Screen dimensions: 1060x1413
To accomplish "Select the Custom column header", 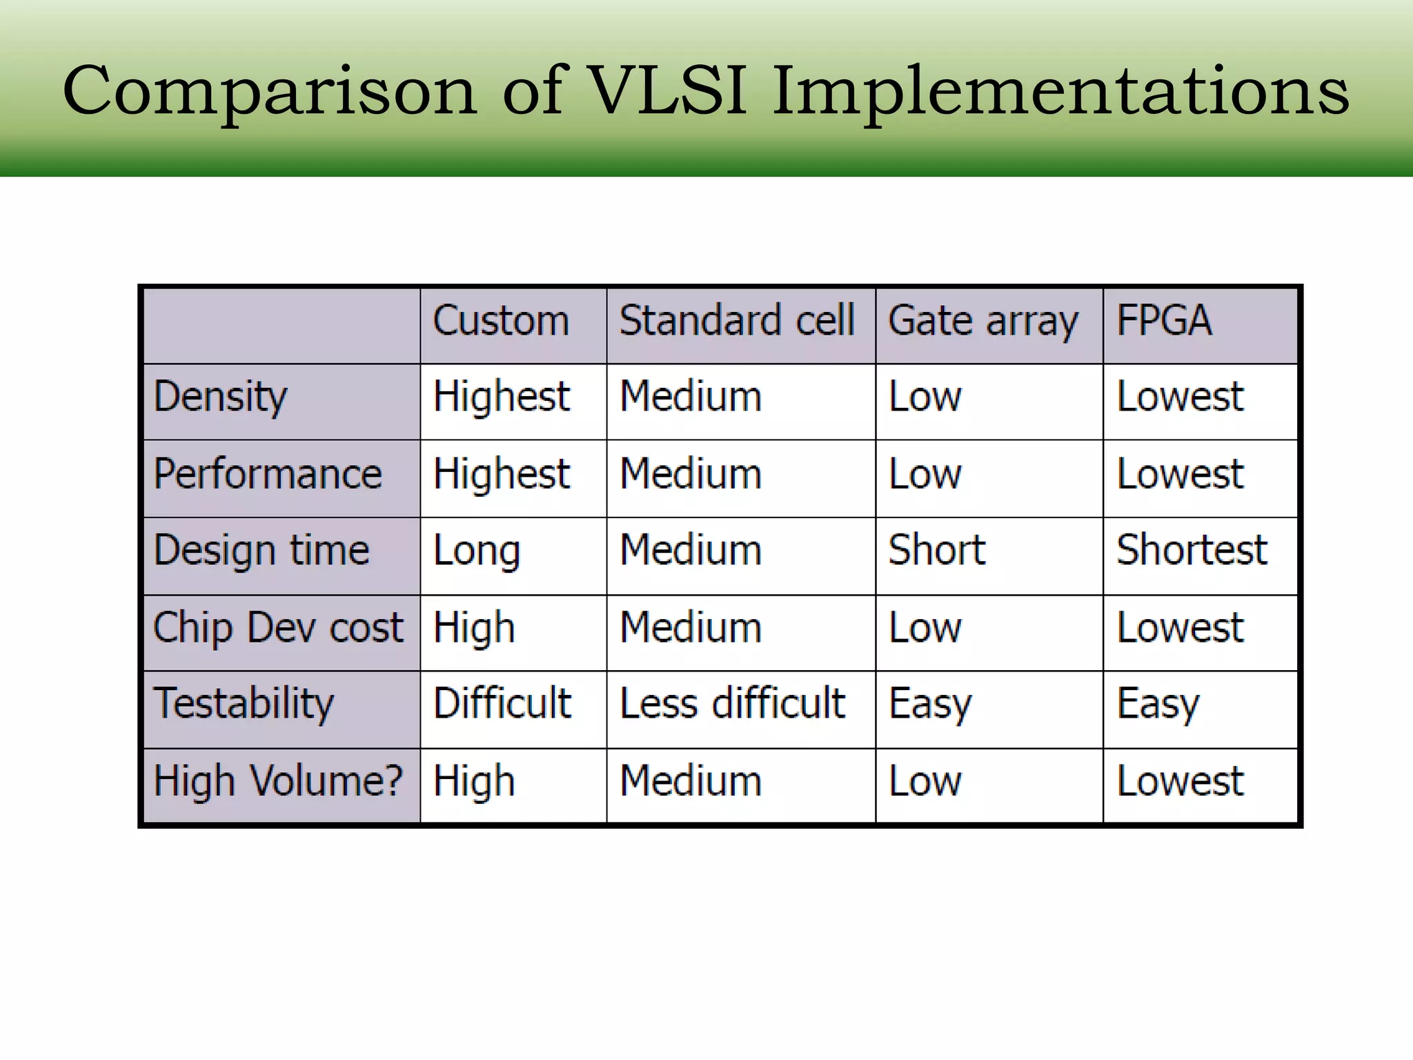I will click(501, 321).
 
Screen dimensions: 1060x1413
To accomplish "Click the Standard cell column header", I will click(737, 321).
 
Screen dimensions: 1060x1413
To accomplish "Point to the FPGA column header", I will click(1164, 321).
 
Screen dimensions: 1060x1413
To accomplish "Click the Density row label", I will click(220, 397).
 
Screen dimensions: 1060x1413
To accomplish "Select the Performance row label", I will click(268, 474).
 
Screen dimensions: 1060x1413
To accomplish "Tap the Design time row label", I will click(261, 551).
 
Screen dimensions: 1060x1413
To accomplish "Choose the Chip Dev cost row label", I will click(278, 628).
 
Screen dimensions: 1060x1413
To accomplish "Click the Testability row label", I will click(244, 704).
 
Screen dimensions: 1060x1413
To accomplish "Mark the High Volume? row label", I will click(278, 781).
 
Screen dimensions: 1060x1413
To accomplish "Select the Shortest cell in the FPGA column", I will click(1192, 550).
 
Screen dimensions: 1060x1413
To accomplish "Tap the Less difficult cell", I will click(732, 704).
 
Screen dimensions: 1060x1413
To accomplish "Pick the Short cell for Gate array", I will click(936, 550).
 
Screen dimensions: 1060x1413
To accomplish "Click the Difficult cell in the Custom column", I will click(502, 704).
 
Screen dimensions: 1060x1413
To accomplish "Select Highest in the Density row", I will click(502, 397).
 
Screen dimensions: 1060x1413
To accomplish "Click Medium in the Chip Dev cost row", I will click(691, 628).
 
